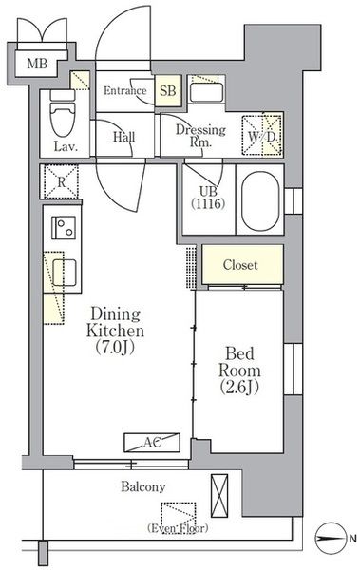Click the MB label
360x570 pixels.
tap(37, 64)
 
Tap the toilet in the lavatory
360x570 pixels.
tap(63, 113)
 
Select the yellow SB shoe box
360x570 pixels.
tap(167, 91)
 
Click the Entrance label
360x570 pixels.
tap(125, 90)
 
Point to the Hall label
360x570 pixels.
tap(124, 137)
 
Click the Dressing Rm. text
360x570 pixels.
tap(200, 136)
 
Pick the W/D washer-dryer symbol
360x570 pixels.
tap(262, 136)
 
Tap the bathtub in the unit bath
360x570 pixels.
tap(260, 201)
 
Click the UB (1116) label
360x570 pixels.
tap(208, 198)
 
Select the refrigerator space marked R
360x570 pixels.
tap(61, 181)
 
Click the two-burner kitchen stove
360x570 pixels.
tap(64, 228)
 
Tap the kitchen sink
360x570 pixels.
tap(65, 273)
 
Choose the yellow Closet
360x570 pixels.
tap(242, 264)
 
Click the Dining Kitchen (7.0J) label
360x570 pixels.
tap(115, 331)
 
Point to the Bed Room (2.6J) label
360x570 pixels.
tap(239, 370)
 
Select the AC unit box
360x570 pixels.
tap(152, 443)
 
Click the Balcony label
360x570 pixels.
tap(143, 486)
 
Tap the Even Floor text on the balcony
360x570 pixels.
tap(178, 528)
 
